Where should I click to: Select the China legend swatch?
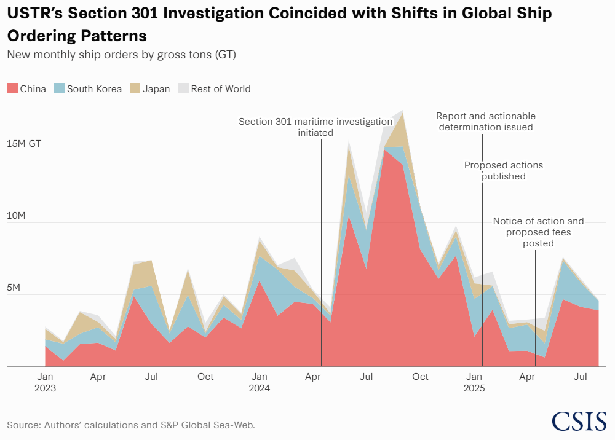[12, 88]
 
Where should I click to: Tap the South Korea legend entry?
[88, 88]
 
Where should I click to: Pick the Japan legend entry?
[150, 88]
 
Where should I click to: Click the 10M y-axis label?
[16, 216]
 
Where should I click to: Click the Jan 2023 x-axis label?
[45, 382]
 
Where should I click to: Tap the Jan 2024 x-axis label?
[260, 382]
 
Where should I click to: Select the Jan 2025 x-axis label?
[474, 382]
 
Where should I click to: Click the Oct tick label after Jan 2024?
[421, 376]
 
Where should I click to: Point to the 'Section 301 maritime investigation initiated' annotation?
[315, 127]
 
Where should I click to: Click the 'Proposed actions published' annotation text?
[504, 171]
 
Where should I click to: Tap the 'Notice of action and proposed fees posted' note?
[538, 232]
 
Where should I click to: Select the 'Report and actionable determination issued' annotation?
[486, 122]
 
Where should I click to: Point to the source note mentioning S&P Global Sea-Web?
[130, 425]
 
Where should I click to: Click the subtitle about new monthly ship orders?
[122, 55]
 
